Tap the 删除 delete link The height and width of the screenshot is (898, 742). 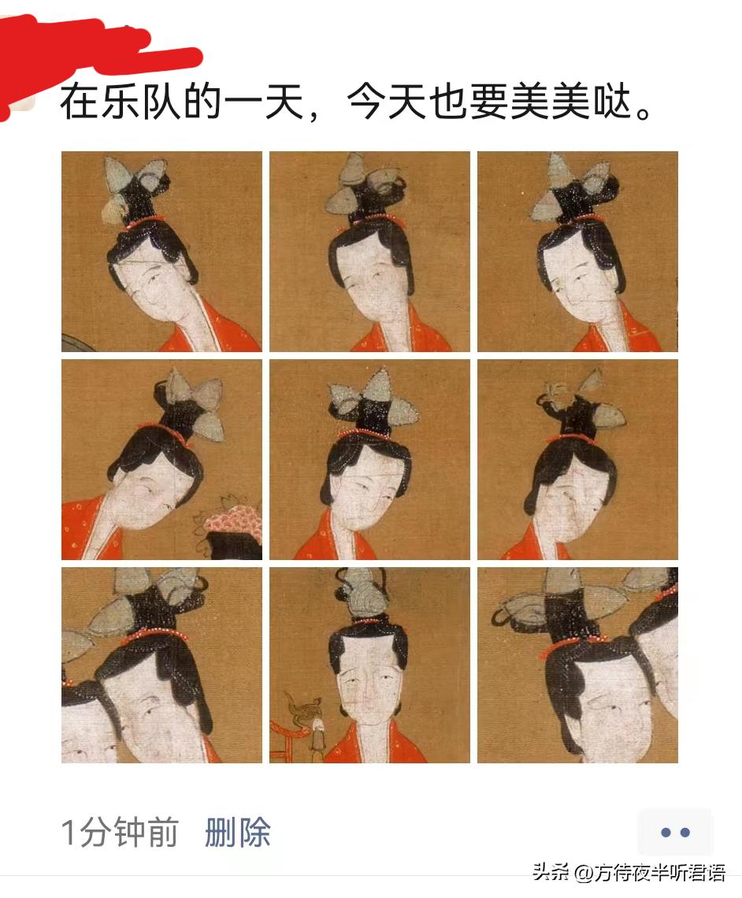click(x=238, y=833)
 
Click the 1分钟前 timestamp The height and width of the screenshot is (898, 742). click(x=120, y=833)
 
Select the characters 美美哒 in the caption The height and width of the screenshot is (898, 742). click(x=572, y=102)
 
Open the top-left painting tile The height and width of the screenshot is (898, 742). click(x=161, y=251)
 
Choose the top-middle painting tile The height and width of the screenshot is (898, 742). click(x=369, y=251)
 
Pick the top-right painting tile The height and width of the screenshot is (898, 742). click(x=577, y=251)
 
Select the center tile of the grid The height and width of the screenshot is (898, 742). click(x=369, y=459)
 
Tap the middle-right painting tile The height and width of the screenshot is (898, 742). click(x=577, y=459)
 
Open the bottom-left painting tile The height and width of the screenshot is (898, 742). click(x=161, y=666)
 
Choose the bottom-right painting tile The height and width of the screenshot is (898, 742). click(x=577, y=666)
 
